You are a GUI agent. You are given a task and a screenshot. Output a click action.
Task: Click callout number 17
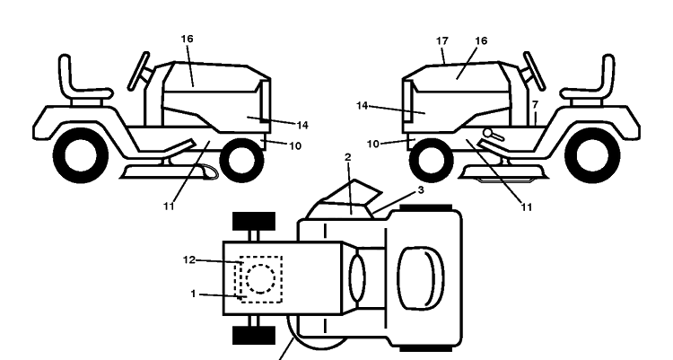click(442, 40)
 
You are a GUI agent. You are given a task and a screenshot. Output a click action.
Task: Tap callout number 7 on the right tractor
click(535, 105)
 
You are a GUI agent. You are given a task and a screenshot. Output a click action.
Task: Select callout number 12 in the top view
click(189, 260)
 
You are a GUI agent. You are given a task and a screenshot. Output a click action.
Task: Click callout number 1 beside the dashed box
click(193, 294)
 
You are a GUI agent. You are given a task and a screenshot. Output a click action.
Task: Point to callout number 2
click(347, 157)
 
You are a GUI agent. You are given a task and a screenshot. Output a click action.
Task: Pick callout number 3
click(421, 189)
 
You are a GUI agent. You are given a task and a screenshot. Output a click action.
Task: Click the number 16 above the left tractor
click(188, 39)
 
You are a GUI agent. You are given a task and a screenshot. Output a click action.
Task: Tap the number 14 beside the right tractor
click(363, 105)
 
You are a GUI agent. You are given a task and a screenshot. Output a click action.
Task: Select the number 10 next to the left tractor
click(295, 146)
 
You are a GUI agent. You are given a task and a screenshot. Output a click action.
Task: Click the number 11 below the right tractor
click(527, 207)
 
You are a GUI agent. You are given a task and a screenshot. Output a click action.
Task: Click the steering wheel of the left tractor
click(139, 71)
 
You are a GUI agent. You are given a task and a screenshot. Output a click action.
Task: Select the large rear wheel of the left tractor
click(81, 155)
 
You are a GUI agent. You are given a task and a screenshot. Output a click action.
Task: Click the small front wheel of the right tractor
click(432, 161)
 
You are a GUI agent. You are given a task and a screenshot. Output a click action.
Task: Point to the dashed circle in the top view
click(260, 279)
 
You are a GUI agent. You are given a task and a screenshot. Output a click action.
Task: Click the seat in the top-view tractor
click(421, 278)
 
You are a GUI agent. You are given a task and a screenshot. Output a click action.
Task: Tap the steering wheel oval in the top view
click(357, 278)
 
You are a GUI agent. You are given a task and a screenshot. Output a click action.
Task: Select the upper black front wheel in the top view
click(254, 221)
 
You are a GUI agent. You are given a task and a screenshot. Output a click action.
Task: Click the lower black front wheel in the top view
click(254, 335)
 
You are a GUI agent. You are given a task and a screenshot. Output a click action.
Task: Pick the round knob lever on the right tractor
click(494, 135)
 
